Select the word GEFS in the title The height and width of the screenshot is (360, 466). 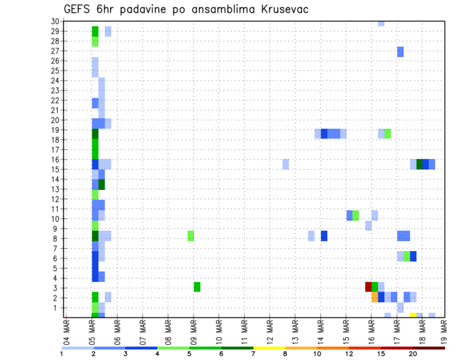(x=79, y=9)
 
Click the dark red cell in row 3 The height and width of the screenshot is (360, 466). (x=368, y=287)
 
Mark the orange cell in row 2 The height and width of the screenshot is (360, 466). (x=375, y=297)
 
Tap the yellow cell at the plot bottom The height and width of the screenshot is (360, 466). (x=413, y=315)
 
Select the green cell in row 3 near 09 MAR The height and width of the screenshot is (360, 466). (x=197, y=287)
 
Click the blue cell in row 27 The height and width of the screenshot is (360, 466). (x=400, y=51)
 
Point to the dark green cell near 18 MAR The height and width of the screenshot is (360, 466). (x=419, y=164)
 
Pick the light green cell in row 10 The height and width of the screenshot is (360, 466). (x=356, y=215)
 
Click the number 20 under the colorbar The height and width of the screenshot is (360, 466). (x=413, y=354)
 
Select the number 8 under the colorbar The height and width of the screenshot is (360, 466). (x=285, y=354)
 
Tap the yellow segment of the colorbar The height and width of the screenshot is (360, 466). (x=269, y=347)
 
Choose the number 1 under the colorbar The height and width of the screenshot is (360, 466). (x=62, y=354)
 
